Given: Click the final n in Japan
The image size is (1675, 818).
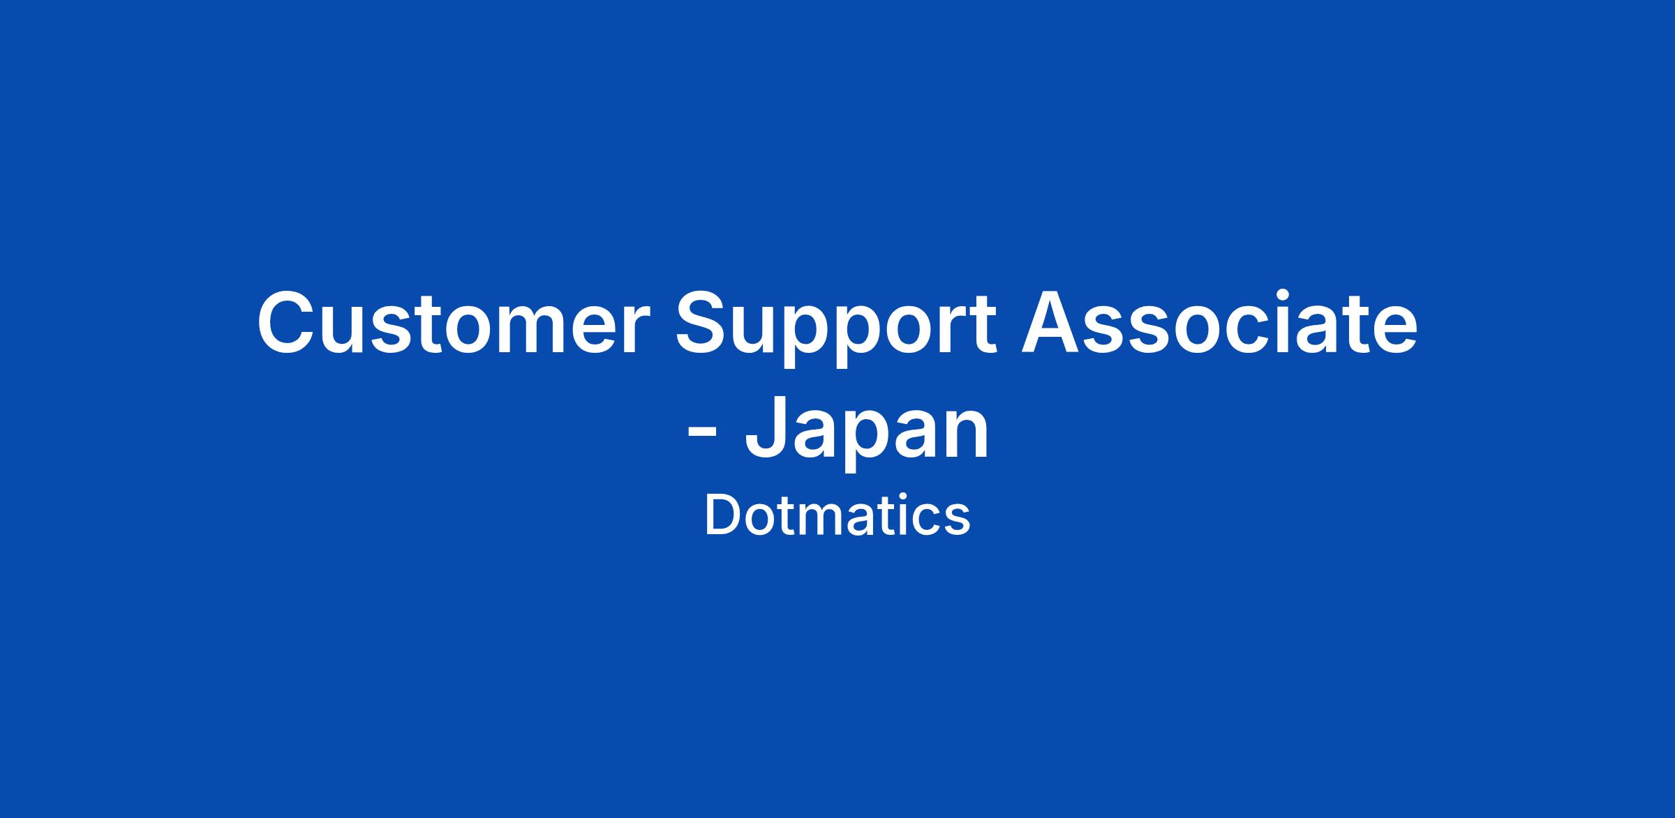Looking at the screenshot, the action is click(x=969, y=437).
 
